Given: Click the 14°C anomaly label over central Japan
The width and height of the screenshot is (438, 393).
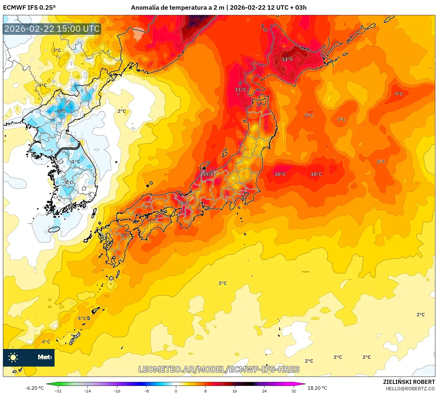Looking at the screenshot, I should (x=208, y=174).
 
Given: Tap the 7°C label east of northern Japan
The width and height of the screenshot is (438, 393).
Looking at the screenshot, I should (x=341, y=120).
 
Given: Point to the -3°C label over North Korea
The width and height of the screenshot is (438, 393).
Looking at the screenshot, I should (x=61, y=111).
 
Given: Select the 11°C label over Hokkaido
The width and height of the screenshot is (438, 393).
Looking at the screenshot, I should (x=287, y=59).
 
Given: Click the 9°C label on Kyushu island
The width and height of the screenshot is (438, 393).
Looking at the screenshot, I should (x=125, y=235).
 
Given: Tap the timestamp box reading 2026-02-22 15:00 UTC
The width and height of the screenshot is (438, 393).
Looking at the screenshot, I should (x=52, y=29).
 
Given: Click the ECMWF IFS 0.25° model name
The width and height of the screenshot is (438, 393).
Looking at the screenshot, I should (x=29, y=8).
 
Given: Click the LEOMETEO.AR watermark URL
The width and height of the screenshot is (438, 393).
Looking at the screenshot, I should (x=219, y=369).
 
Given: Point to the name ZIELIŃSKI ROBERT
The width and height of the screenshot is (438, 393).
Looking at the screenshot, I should (x=409, y=382).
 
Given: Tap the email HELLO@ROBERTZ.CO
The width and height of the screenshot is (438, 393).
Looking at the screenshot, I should (x=410, y=389).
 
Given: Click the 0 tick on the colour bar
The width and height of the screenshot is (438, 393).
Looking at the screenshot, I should (x=176, y=391).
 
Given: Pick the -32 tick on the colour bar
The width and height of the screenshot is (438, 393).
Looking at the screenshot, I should (x=58, y=391).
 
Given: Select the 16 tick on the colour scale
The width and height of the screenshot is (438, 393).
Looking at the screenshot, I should (x=235, y=391).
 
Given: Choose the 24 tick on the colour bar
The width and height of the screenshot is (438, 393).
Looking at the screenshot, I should (x=264, y=391).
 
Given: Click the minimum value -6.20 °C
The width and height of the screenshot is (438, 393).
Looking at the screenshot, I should (x=34, y=388).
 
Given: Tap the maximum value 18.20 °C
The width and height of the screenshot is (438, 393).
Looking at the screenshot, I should (x=317, y=388).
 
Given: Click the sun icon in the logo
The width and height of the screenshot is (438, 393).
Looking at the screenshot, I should (x=13, y=357).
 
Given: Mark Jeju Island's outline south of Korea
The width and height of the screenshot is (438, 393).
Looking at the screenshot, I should (x=54, y=229).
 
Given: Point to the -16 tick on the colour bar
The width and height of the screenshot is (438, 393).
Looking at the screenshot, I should (x=117, y=391).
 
